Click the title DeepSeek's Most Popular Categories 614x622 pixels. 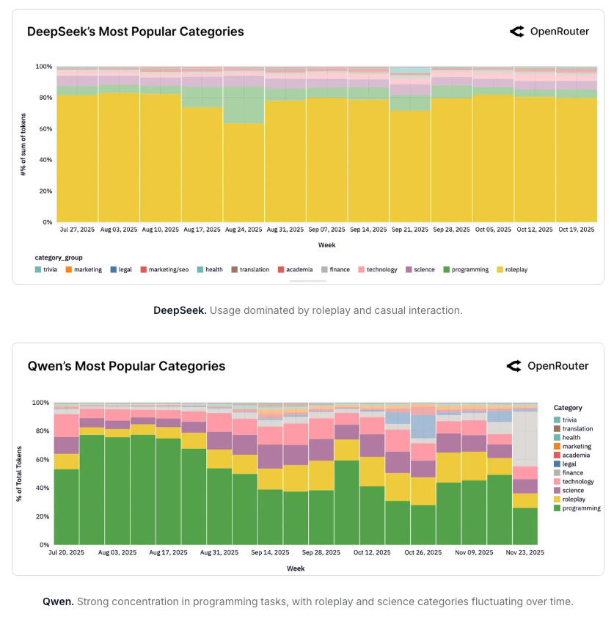click(x=136, y=32)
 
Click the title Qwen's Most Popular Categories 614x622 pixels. click(x=126, y=366)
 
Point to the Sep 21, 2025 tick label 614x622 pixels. click(x=410, y=230)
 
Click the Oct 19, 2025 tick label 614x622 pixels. click(x=577, y=230)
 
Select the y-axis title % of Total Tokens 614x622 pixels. click(x=20, y=473)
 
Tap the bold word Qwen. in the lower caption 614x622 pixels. click(x=58, y=602)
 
